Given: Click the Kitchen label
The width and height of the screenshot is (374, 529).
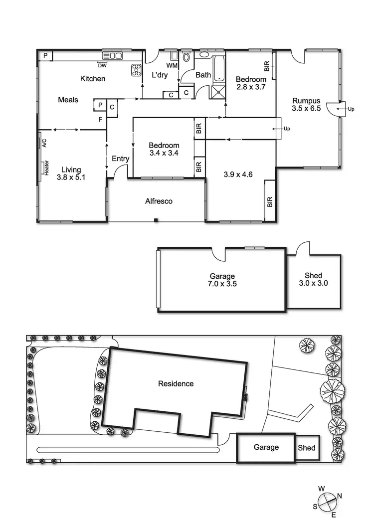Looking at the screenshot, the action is [x=93, y=79].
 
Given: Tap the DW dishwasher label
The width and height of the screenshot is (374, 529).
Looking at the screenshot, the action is [x=102, y=65].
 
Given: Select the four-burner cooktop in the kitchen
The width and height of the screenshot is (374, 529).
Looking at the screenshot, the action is [x=136, y=70].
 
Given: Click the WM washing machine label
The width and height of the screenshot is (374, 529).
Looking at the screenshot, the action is [x=172, y=65].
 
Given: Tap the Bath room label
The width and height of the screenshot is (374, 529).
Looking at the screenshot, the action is [x=203, y=75].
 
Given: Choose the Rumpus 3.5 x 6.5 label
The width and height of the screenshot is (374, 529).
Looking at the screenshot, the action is [x=306, y=105].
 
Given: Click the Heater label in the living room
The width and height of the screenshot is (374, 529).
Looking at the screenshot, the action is [x=46, y=168].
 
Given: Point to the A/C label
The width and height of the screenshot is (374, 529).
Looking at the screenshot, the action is [x=44, y=143].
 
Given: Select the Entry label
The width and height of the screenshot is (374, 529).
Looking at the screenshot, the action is [x=120, y=159].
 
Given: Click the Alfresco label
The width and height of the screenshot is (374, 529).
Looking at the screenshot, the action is [x=159, y=201].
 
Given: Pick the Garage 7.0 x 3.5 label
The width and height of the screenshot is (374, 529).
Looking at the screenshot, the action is [x=222, y=280].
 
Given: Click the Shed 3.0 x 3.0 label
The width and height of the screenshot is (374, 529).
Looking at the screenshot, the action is [x=313, y=279].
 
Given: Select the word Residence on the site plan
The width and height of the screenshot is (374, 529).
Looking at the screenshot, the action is [x=176, y=383].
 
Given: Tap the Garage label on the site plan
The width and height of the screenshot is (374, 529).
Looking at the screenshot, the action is [x=266, y=447].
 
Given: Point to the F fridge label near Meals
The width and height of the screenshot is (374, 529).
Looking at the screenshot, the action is [x=100, y=120].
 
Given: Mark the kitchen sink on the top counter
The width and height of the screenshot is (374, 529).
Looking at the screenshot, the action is [x=112, y=55].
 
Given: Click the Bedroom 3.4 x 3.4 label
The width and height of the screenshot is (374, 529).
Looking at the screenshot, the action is [x=164, y=150].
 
